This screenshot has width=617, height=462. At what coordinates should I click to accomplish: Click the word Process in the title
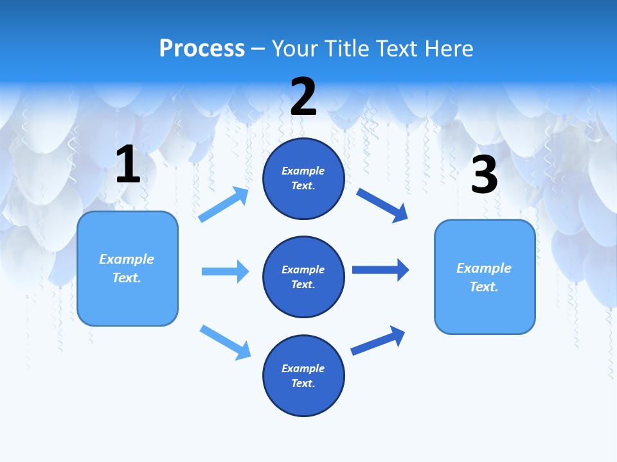coord(202,49)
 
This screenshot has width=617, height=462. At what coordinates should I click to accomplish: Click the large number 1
coord(128,165)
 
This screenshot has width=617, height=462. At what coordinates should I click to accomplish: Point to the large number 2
coord(303,97)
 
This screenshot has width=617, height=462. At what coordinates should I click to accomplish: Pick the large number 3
coord(484,175)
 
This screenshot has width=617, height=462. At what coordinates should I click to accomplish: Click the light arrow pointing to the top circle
coord(224,204)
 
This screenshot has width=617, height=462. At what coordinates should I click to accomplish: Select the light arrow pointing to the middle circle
coord(225,271)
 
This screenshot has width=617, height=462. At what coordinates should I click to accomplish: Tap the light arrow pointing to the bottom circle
coord(225,341)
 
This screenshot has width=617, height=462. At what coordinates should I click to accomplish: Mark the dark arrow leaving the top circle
coord(382,205)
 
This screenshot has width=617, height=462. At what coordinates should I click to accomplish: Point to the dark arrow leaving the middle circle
coord(380,270)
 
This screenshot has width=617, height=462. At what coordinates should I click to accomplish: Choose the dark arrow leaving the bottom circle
coord(378,340)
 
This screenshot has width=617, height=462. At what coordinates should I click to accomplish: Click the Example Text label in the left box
coord(127,268)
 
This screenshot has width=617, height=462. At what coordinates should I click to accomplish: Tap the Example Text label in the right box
coord(484,277)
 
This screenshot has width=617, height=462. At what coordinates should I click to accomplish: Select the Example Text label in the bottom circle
coord(303,375)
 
